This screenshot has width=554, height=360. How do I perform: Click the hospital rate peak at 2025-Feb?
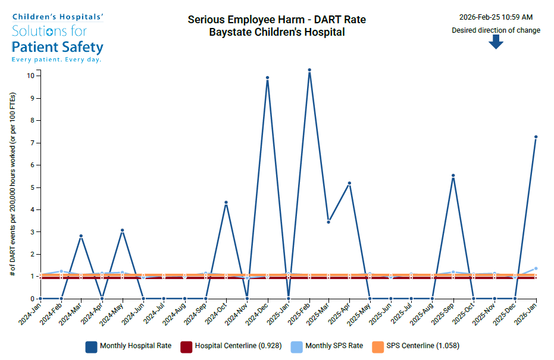coord(309,70)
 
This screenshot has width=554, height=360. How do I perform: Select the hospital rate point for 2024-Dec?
coord(268,78)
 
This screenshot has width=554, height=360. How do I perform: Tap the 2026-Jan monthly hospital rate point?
coord(536,137)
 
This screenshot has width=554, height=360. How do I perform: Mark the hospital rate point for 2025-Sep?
coord(453,176)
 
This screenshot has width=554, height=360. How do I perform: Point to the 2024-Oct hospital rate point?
coord(226,202)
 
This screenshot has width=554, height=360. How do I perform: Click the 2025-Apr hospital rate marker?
coord(349,183)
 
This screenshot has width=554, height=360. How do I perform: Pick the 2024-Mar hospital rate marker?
coord(81,236)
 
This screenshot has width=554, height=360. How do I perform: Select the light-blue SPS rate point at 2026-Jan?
coord(536,268)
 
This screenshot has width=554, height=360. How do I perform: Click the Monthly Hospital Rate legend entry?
coord(128,346)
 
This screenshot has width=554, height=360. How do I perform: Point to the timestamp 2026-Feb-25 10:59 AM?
coord(496,17)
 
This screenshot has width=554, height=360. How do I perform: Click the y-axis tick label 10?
coord(30,76)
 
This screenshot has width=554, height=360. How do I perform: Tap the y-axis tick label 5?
coord(32,187)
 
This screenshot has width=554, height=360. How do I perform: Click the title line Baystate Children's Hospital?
coord(277,32)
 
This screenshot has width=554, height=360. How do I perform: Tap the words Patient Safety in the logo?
coord(58,47)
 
